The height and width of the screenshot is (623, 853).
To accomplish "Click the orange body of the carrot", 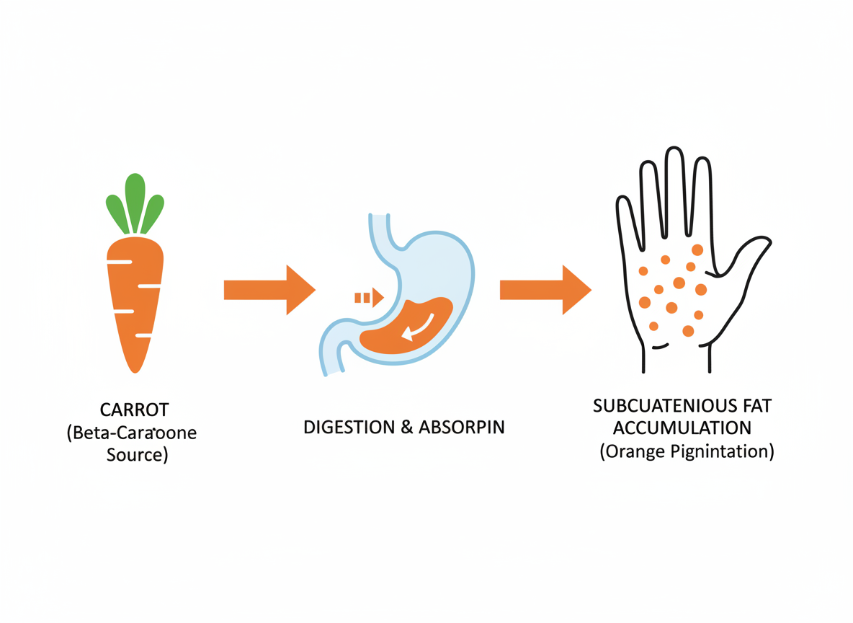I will pos(135,296).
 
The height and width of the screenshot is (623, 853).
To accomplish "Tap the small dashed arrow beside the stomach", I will pos(368,297).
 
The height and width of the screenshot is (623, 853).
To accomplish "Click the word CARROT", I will pos(135,410).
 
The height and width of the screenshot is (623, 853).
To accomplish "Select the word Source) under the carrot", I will pos(136,456).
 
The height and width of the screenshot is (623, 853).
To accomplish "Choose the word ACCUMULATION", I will pos(682,428).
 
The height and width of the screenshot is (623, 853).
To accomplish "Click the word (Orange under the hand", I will pos(630,452).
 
